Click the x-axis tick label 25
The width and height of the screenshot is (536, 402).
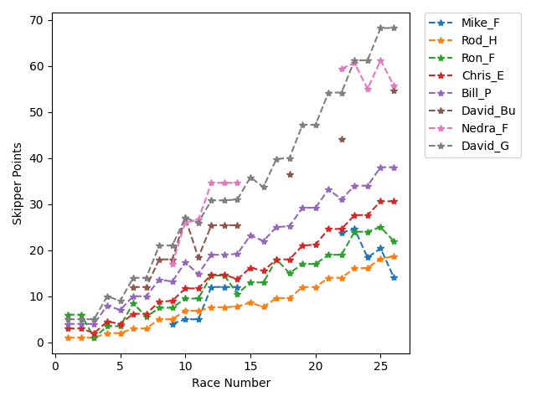pyautogui.click(x=380, y=365)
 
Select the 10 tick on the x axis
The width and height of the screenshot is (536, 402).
pyautogui.click(x=185, y=365)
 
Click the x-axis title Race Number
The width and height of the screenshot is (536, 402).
pyautogui.click(x=231, y=383)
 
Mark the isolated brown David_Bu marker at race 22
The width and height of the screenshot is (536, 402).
pyautogui.click(x=342, y=139)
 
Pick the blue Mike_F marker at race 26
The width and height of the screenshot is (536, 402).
pyautogui.click(x=394, y=277)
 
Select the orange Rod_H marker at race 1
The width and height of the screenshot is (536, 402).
pyautogui.click(x=69, y=338)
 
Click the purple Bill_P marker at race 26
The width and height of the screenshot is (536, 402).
pyautogui.click(x=394, y=167)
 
